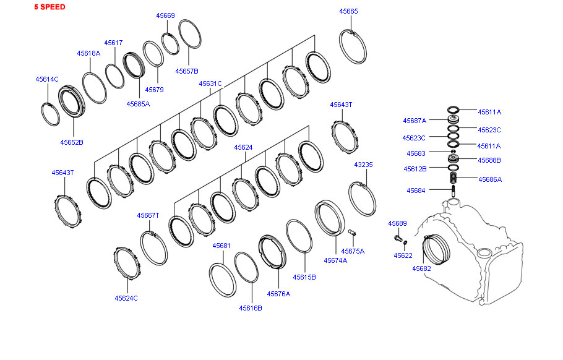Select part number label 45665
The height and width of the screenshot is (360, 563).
pos(348,11)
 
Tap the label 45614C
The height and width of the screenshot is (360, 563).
pos(46,79)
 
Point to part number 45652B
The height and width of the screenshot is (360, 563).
pos(72,142)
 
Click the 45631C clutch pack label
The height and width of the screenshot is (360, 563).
pos(210,84)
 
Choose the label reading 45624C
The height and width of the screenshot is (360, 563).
pos(126,298)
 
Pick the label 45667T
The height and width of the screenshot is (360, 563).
pos(148,215)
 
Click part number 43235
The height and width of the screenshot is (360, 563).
pos(363,165)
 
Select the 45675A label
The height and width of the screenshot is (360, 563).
pos(353,251)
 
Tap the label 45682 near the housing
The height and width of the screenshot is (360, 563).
pos(421,268)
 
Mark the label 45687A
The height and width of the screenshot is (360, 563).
pos(415,121)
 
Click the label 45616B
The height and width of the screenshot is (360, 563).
pos(251,307)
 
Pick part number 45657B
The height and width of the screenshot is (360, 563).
pos(186,71)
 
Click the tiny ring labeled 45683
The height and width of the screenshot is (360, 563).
pos(453,152)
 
